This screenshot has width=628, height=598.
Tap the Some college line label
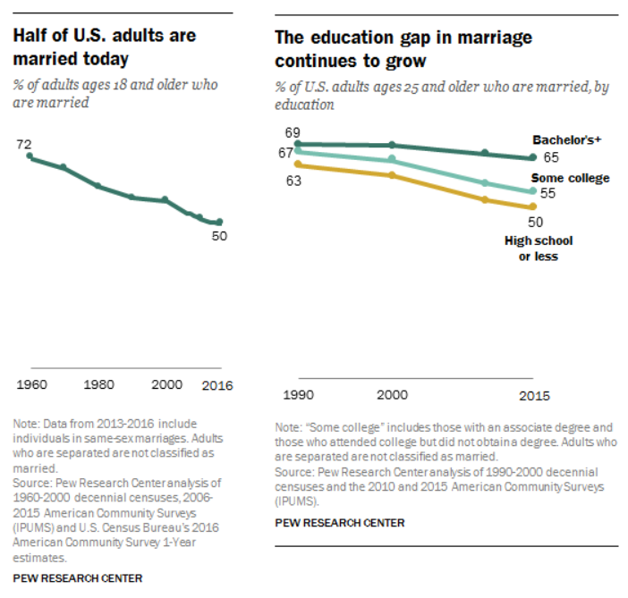tap(571, 178)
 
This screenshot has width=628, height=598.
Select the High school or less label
tap(539, 248)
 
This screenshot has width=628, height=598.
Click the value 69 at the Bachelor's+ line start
tap(293, 133)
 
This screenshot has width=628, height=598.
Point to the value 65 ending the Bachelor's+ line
tap(550, 157)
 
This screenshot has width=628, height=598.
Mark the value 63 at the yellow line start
tap(293, 181)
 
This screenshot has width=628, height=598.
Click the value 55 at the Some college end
tap(548, 193)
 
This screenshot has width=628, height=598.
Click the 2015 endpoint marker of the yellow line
tap(533, 207)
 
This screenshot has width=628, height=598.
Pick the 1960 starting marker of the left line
tap(30, 157)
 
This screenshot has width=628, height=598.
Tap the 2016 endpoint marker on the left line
tap(219, 222)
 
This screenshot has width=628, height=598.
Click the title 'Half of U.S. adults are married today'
tap(104, 47)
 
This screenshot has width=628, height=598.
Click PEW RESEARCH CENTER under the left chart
tap(77, 577)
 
